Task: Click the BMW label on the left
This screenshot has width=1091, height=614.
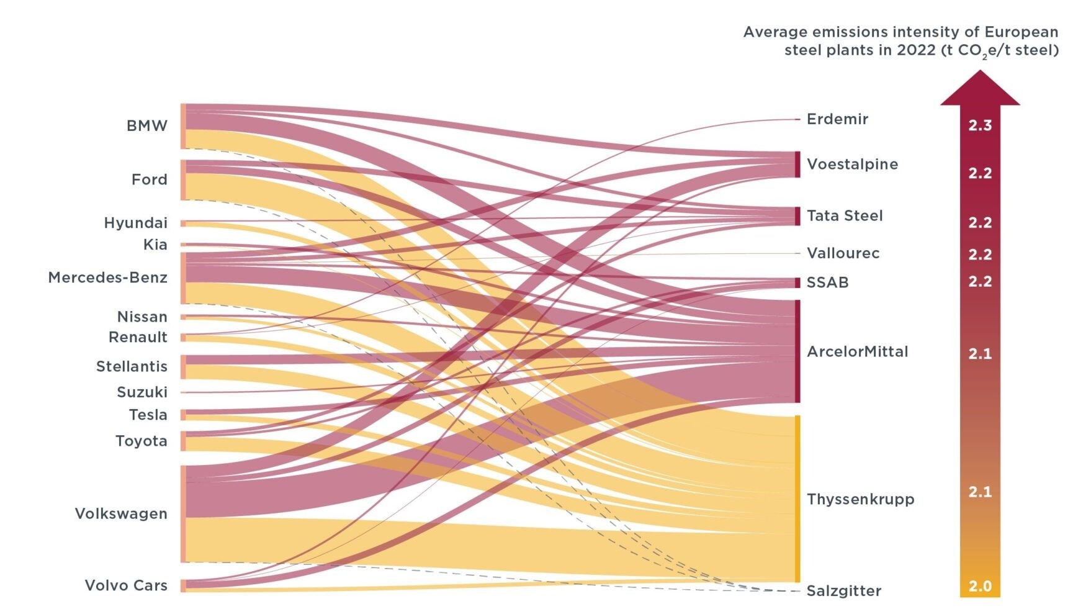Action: (146, 126)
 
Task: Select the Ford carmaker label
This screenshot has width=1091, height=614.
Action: (149, 180)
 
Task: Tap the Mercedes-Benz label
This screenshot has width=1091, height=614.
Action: (107, 278)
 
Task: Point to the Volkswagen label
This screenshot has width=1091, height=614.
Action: (121, 514)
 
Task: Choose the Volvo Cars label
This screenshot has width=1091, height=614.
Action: (126, 585)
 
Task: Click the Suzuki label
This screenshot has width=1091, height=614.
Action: (142, 392)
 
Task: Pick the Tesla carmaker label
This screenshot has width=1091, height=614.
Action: (148, 415)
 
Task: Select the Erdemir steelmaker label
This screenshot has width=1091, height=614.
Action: (837, 119)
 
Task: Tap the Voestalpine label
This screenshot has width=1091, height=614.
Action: (852, 165)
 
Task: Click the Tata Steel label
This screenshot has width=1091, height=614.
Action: (844, 216)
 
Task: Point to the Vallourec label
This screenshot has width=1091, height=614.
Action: (843, 253)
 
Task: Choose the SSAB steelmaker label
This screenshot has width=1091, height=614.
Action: (827, 283)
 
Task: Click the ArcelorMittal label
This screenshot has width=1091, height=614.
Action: (857, 352)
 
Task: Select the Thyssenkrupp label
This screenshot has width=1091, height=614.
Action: (860, 500)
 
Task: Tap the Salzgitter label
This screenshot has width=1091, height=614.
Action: (843, 591)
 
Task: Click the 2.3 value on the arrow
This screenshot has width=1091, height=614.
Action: (980, 126)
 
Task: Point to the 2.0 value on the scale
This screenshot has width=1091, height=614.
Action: (980, 587)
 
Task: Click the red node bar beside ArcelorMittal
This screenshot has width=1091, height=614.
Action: (797, 351)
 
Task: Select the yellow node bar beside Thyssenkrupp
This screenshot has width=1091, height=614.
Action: (797, 499)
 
